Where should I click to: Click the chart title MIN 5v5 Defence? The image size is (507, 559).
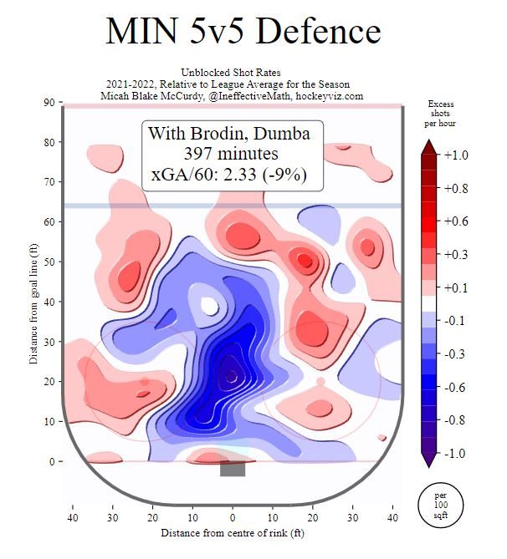click(x=243, y=31)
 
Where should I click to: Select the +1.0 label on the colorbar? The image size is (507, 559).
click(x=456, y=155)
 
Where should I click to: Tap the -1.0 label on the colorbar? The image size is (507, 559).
click(x=456, y=453)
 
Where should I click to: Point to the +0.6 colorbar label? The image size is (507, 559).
click(x=456, y=221)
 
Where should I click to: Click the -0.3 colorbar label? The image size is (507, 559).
click(x=456, y=353)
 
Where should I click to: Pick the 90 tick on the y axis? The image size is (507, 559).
click(x=50, y=103)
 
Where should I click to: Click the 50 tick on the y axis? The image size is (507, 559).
click(x=50, y=262)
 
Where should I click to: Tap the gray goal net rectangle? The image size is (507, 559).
click(x=233, y=469)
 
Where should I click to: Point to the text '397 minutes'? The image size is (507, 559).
click(x=232, y=154)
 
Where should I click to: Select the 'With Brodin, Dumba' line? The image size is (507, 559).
click(x=232, y=134)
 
